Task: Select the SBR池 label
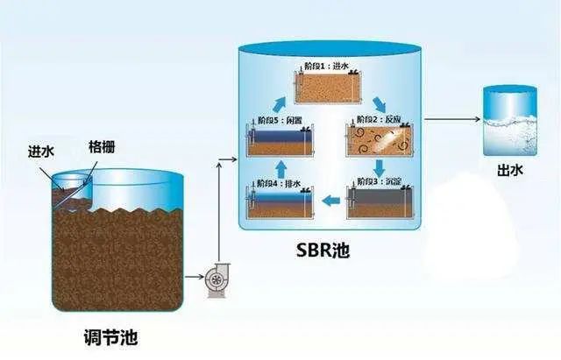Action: click(324, 251)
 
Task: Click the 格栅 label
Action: click(100, 145)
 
